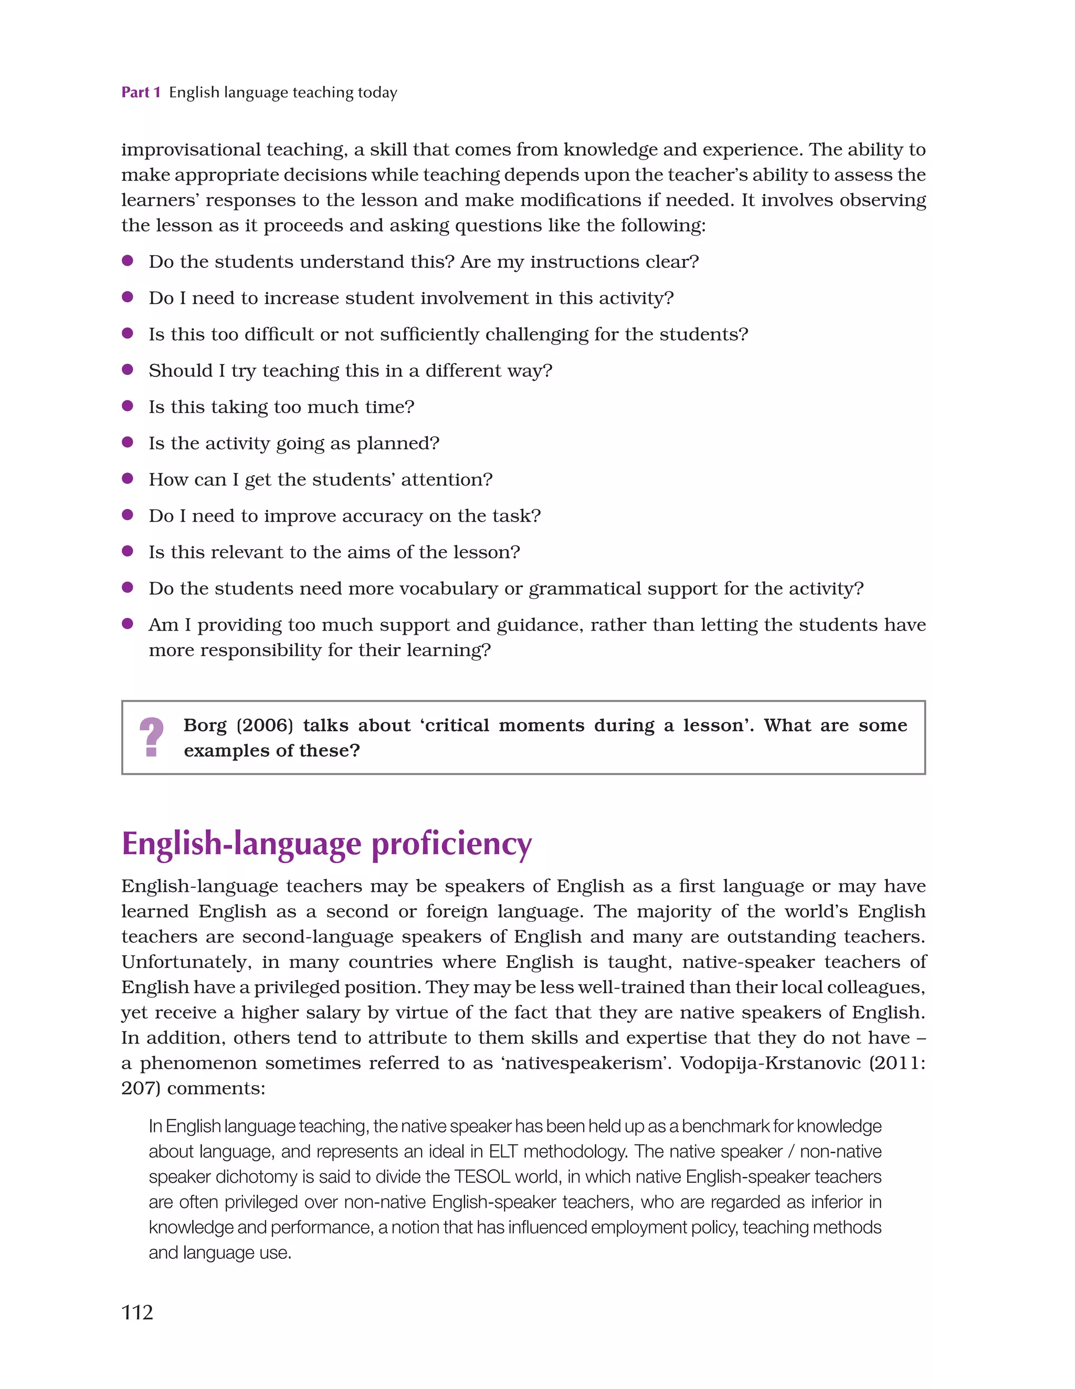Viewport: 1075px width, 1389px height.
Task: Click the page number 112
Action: click(x=138, y=1312)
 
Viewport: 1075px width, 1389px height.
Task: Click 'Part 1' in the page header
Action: click(x=141, y=93)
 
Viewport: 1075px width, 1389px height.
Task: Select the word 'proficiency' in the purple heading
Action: click(x=451, y=845)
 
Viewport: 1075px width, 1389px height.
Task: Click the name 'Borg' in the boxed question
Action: click(x=205, y=725)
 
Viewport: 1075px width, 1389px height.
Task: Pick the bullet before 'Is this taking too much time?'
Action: click(x=127, y=406)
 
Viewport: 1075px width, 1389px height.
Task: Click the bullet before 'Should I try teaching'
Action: click(x=127, y=370)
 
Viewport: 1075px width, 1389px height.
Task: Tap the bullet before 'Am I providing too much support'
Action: click(x=127, y=624)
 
